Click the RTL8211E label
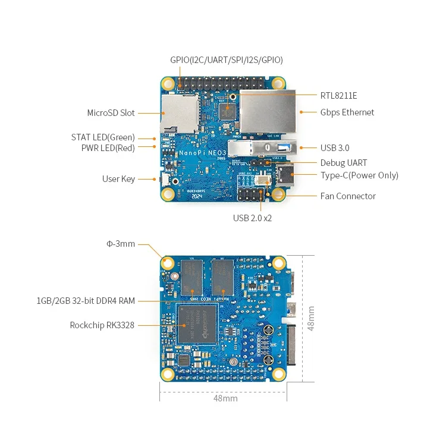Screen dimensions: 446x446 (x=338, y=95)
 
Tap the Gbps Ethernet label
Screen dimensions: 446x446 (x=347, y=112)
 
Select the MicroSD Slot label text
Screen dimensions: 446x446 (x=111, y=113)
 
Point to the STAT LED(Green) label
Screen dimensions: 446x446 (x=103, y=137)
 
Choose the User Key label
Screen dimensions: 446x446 (x=118, y=179)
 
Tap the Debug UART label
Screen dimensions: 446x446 (x=343, y=163)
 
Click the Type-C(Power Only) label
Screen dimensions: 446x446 (x=359, y=175)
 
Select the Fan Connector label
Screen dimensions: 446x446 (x=348, y=196)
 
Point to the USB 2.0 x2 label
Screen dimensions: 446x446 (x=252, y=218)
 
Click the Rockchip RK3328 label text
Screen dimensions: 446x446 (x=102, y=325)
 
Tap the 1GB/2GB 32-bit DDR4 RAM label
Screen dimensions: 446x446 (x=86, y=301)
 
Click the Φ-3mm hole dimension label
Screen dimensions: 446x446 (x=121, y=244)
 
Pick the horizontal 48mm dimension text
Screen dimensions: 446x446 (x=225, y=398)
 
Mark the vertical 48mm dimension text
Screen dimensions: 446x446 (x=311, y=318)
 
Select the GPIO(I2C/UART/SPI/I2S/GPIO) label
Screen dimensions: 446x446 (x=226, y=60)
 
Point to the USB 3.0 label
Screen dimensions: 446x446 (x=335, y=147)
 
